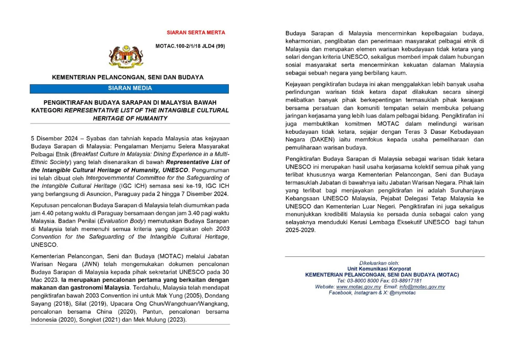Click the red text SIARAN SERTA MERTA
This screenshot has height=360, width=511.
tap(196, 33)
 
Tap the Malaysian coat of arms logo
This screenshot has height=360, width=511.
tap(123, 57)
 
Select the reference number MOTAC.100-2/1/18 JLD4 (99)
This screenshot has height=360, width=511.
tap(190, 46)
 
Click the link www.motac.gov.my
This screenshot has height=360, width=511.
tap(359, 287)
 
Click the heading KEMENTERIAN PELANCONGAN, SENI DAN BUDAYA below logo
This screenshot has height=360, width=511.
tap(128, 77)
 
